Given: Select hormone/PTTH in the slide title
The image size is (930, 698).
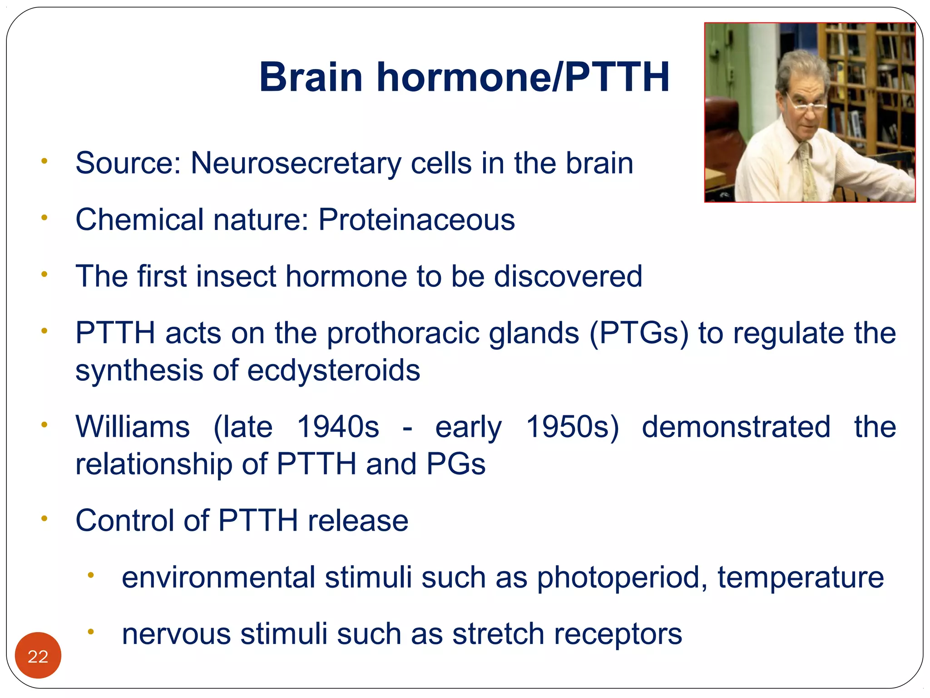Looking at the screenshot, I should tap(523, 77).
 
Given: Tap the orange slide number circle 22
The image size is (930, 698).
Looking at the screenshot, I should tap(38, 656).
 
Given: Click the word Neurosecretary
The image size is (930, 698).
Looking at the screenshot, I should tap(296, 163).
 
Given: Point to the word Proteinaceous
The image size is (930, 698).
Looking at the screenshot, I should tap(416, 220).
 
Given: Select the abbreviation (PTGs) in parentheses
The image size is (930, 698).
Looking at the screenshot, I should tap(638, 333).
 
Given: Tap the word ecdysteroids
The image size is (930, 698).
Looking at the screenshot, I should tap(334, 370).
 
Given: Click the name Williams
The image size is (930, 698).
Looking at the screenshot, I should tap(133, 427).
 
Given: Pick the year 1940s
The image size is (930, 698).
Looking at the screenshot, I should tap(338, 427).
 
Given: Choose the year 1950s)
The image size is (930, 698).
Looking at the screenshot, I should tap(572, 427).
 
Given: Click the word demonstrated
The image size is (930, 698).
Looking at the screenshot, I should tap(736, 427).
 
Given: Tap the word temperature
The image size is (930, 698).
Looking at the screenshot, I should tap(801, 578).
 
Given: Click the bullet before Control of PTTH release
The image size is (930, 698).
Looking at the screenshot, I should tap(44, 519).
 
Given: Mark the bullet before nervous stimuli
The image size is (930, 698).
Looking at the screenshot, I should tap(90, 632).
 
